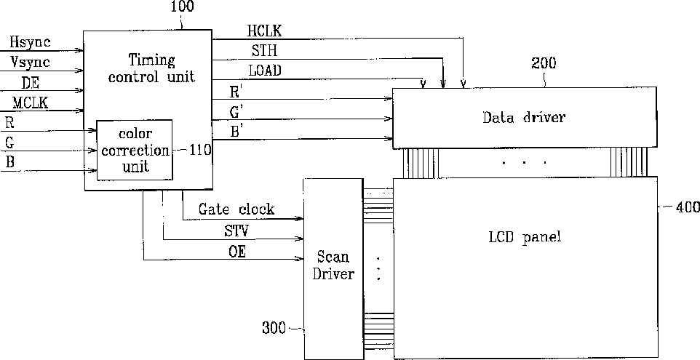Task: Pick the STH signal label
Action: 261,51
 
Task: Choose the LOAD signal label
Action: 265,71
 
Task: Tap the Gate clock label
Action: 236,209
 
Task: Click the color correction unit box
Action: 135,150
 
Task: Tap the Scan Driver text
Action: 333,265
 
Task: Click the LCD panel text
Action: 525,237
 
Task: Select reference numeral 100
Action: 181,8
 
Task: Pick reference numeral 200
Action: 544,63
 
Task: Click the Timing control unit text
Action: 151,68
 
